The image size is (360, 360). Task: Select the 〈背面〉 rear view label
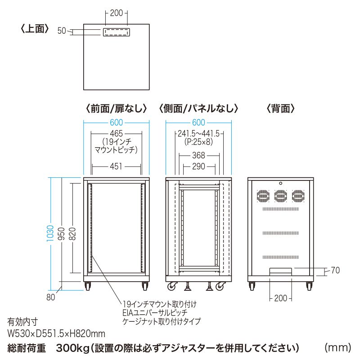click(x=280, y=108)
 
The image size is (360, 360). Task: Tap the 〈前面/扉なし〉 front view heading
click(x=116, y=108)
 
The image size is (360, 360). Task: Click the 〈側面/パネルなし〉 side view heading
click(x=198, y=108)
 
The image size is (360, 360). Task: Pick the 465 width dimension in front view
click(x=117, y=134)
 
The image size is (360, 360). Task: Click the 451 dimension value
click(x=117, y=166)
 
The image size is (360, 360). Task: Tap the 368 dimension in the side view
click(x=198, y=155)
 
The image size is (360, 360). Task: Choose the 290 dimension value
click(x=198, y=166)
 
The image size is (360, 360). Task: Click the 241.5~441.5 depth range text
click(x=198, y=134)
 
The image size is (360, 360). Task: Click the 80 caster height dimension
click(x=50, y=297)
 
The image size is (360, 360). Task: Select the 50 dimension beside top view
click(x=62, y=31)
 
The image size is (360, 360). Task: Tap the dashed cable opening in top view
click(x=117, y=32)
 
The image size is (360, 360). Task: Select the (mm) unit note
click(x=337, y=347)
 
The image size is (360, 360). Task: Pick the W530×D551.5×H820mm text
click(x=56, y=333)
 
